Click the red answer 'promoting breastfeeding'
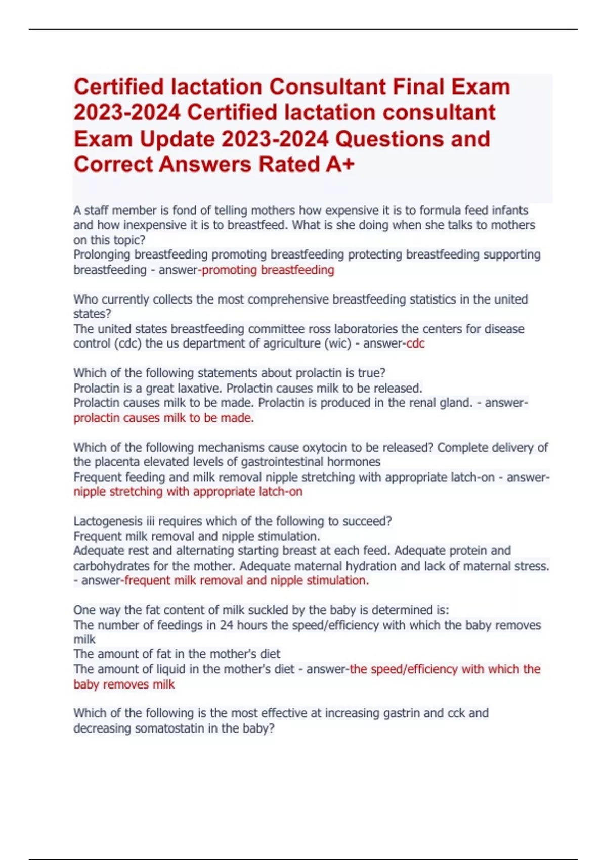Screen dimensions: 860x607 268,270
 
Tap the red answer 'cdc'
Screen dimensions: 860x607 415,343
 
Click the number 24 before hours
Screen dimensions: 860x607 226,625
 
